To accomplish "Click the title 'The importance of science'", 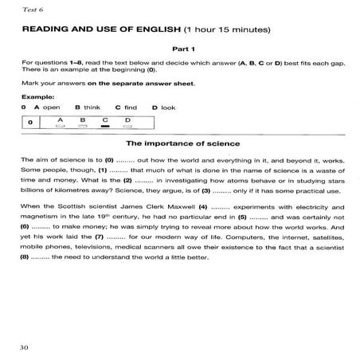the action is (x=179, y=143).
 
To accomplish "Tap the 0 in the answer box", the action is (x=29, y=122).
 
